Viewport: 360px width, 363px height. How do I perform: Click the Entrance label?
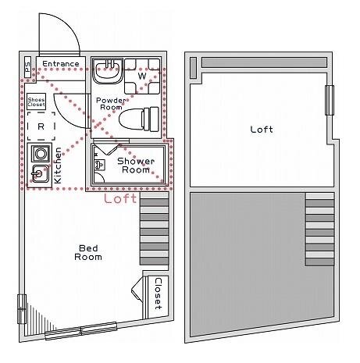[61, 64]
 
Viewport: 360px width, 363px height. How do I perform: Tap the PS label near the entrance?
[27, 67]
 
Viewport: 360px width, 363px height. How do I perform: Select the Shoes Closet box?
[37, 101]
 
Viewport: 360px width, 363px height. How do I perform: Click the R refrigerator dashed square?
[41, 126]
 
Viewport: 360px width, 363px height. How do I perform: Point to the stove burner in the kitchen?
[41, 154]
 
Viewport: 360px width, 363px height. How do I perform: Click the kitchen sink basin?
[40, 173]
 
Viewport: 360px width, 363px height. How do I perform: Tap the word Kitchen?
[58, 165]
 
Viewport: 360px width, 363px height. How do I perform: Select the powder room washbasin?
[108, 71]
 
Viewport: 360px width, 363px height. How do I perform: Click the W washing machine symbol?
[142, 77]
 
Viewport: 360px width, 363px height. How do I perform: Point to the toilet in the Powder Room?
[139, 119]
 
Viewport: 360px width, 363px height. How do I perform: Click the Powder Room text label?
[111, 104]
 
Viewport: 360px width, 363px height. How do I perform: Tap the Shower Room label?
[136, 165]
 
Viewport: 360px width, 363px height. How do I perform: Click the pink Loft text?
[120, 198]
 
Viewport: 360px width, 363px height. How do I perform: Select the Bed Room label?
[88, 252]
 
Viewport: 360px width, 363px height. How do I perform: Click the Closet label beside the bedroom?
[159, 294]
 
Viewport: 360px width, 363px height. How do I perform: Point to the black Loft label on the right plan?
[262, 130]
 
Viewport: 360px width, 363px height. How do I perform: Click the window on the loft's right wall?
[330, 100]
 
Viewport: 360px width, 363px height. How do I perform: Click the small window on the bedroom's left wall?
[22, 309]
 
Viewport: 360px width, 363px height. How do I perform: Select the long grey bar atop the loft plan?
[264, 62]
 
